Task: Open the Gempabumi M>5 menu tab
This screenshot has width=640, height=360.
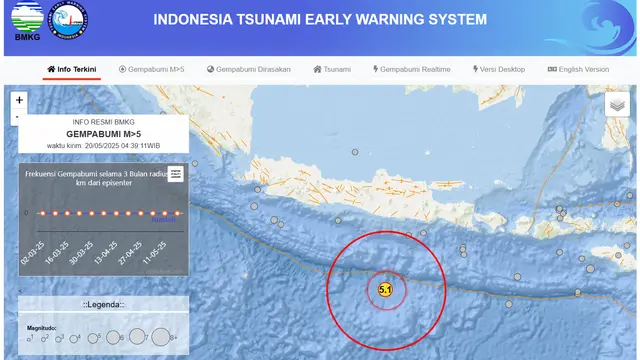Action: click(152, 70)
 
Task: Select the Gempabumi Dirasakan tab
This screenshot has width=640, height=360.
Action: click(249, 70)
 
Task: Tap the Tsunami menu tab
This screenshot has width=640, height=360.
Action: click(332, 70)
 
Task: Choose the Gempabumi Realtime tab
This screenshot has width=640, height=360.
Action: click(412, 70)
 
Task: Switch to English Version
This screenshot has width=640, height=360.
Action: click(578, 70)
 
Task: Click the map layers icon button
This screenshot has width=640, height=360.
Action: click(617, 104)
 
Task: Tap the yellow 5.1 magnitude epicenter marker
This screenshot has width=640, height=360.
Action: click(385, 291)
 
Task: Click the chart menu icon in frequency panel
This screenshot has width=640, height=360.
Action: click(176, 173)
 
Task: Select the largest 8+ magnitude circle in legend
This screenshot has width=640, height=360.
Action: click(160, 338)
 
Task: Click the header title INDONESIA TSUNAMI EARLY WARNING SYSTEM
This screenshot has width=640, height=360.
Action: click(320, 20)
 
